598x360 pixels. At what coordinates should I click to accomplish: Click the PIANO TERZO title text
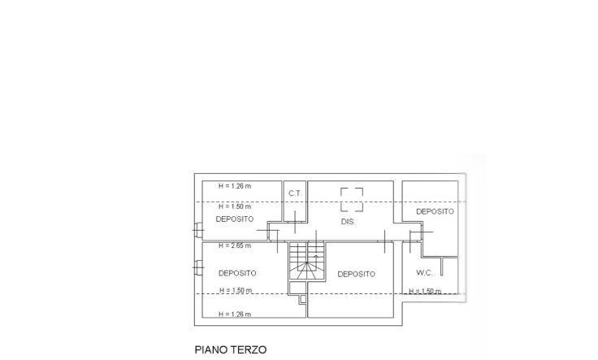tap(231, 349)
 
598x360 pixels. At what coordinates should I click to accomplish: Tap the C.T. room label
tap(295, 193)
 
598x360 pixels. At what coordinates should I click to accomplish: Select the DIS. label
tap(348, 222)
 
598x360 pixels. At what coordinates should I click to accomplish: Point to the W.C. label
tap(424, 273)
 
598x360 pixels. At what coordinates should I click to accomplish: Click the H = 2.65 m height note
tap(235, 245)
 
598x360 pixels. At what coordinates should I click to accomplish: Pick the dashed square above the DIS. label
tap(352, 199)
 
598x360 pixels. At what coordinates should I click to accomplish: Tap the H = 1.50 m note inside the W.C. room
tap(425, 291)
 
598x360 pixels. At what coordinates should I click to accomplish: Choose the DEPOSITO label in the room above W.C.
tap(435, 211)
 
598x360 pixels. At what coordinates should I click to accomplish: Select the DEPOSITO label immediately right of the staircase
tap(356, 274)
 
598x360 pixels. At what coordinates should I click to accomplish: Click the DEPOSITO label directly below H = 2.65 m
tap(237, 273)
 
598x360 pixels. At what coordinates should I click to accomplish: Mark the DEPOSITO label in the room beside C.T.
tap(235, 219)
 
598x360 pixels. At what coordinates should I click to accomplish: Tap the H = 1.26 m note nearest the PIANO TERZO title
tap(235, 314)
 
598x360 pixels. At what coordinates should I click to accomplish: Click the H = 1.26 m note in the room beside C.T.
tap(235, 186)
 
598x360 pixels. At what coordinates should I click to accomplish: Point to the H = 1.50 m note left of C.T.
tap(235, 206)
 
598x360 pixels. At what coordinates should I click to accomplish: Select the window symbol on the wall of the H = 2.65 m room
tap(198, 267)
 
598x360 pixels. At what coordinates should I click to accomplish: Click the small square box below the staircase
tap(303, 299)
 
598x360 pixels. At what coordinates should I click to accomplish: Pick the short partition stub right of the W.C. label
tap(442, 267)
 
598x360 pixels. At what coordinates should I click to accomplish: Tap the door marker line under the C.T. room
tap(295, 222)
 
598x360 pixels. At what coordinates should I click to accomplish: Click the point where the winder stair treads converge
tap(306, 262)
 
